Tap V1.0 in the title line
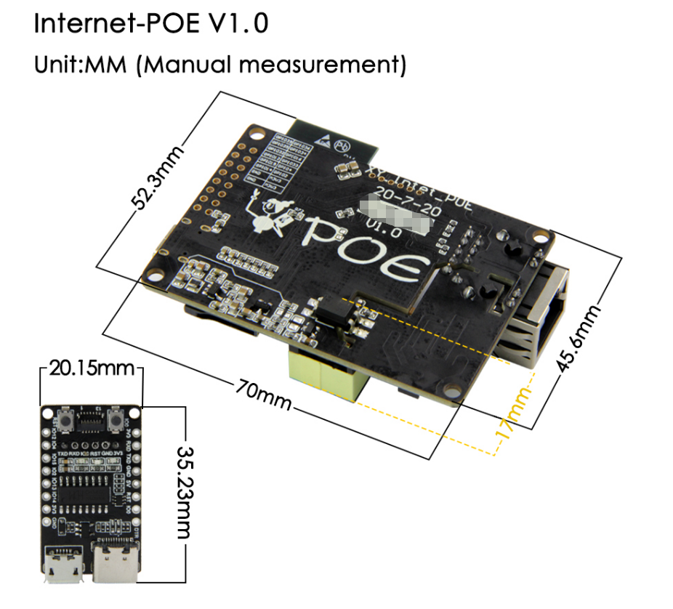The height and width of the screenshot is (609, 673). (239, 23)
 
